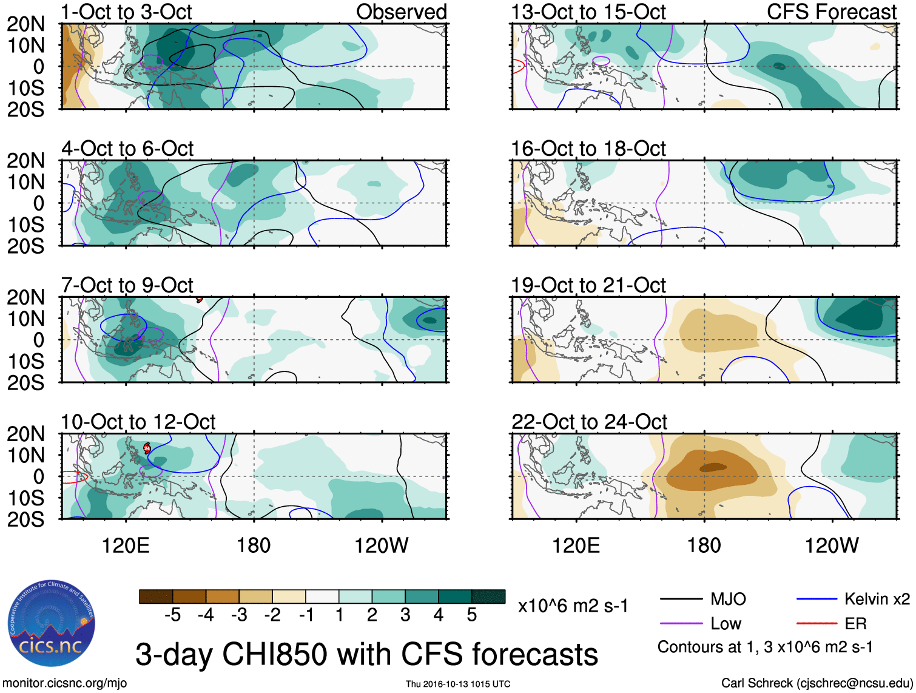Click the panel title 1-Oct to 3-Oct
[127, 12]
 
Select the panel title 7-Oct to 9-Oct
[127, 285]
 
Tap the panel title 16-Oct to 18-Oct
[588, 149]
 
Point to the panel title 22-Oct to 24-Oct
[589, 422]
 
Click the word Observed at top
[401, 12]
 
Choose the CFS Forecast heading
[832, 12]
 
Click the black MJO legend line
[681, 600]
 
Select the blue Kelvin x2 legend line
[817, 600]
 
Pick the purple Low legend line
[681, 624]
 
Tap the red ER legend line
[817, 624]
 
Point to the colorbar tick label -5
[173, 615]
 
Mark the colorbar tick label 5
[472, 615]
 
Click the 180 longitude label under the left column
[254, 546]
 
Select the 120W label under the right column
[832, 546]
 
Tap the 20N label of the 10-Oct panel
[26, 434]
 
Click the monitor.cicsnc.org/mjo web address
[65, 683]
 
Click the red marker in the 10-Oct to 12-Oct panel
[147, 448]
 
